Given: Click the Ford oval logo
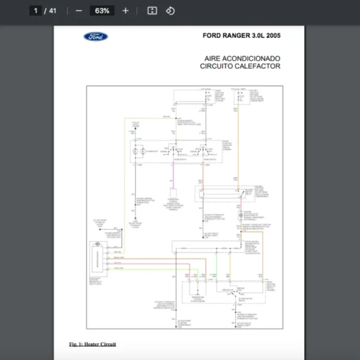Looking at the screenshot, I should (96, 37).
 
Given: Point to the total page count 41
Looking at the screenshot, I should (53, 11).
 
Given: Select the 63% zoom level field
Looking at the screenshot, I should (101, 11).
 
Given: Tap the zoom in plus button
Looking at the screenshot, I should (125, 11).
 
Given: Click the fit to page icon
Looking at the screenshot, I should (152, 11).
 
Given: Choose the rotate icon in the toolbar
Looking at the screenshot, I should (170, 11).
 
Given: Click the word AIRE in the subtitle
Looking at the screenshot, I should (213, 58).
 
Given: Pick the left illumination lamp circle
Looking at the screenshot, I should (135, 152).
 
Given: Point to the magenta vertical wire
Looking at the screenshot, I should (173, 180).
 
